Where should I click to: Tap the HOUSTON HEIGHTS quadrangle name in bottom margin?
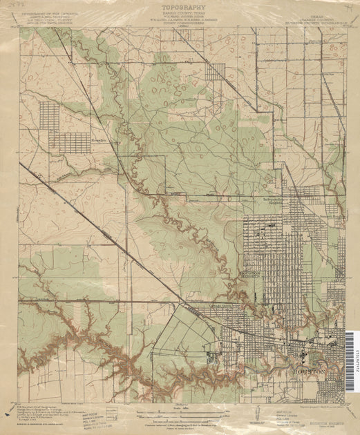pos(307,411)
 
